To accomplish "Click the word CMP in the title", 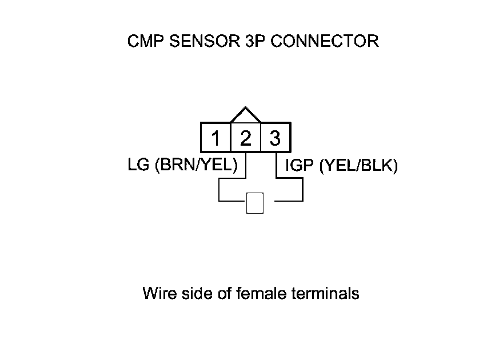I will tap(143, 42).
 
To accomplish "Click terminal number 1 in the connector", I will tap(215, 138).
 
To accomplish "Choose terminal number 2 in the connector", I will tap(245, 138).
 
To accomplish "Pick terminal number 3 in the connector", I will tap(275, 138).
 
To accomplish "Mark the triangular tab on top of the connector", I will tap(245, 114).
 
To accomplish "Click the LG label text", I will tap(139, 166).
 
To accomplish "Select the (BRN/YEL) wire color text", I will tap(195, 166).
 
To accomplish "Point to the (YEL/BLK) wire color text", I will tap(358, 166).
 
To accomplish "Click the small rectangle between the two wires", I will tap(254, 203).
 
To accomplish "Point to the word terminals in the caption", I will tap(325, 294).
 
